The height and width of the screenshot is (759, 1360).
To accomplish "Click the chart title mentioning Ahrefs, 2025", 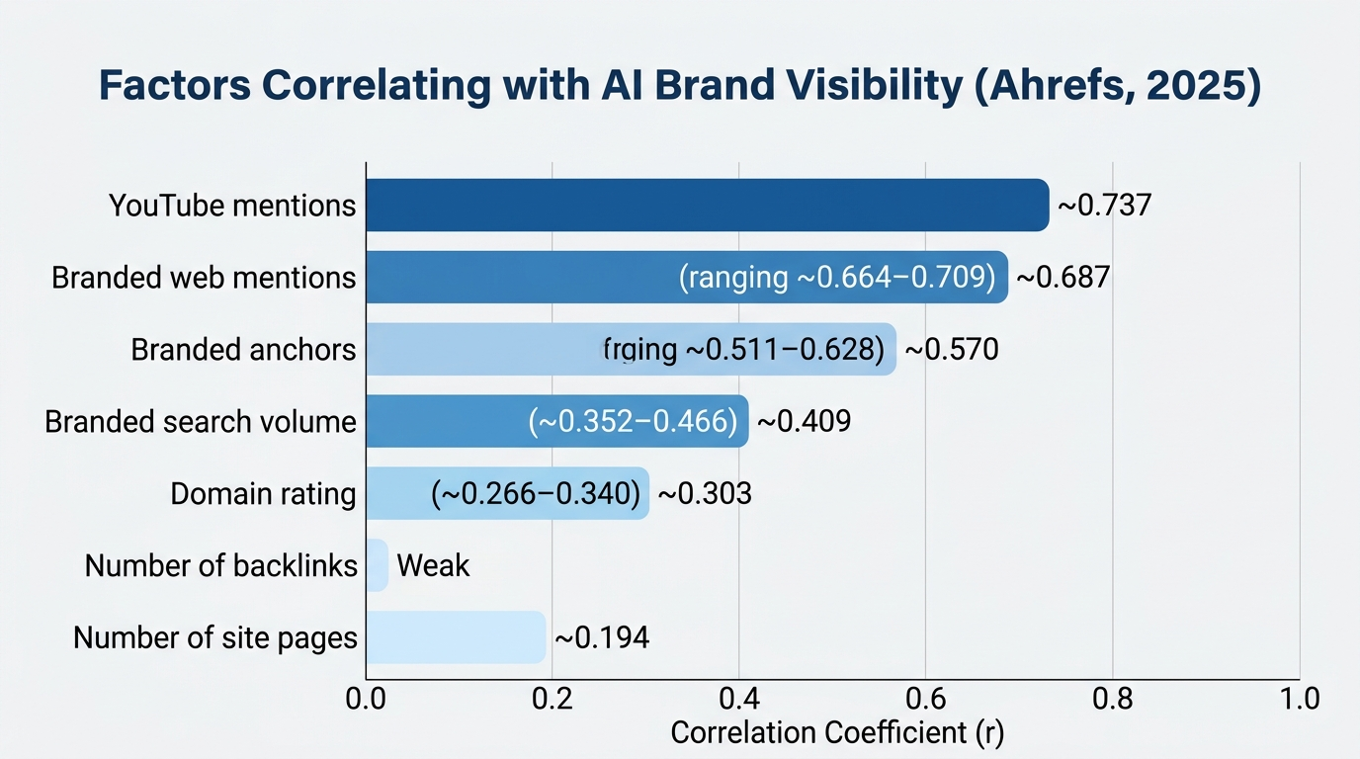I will point(680,87).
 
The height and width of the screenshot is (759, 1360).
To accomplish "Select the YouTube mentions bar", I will point(707,206).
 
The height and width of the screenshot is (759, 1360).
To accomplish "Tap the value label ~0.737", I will point(1104,206).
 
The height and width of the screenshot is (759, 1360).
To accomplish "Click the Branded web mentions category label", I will point(204,278).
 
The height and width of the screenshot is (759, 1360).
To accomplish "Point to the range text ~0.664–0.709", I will point(836,278).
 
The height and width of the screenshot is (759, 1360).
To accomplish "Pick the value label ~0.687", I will point(1062,278).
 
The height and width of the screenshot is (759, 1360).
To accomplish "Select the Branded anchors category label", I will point(243,350).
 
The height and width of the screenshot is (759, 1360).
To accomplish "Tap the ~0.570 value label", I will point(952,350).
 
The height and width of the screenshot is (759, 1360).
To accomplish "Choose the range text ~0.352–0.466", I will point(634,422).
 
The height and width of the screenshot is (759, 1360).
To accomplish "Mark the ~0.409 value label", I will point(804,422).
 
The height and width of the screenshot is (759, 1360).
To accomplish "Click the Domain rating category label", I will point(263,493).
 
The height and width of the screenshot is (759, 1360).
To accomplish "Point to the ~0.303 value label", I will point(705,493).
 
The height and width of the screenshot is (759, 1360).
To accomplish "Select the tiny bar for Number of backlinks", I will point(377,565).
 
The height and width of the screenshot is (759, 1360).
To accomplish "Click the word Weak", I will point(433,565).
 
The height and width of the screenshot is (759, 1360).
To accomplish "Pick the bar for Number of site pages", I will point(456,637).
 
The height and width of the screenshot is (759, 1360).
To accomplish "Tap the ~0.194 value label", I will point(602,637).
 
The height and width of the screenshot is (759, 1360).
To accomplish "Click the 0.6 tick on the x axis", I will point(926,699).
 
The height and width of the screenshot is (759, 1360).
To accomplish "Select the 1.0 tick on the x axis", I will point(1299,699).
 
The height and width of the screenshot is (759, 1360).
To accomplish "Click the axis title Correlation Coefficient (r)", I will point(837,733).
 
